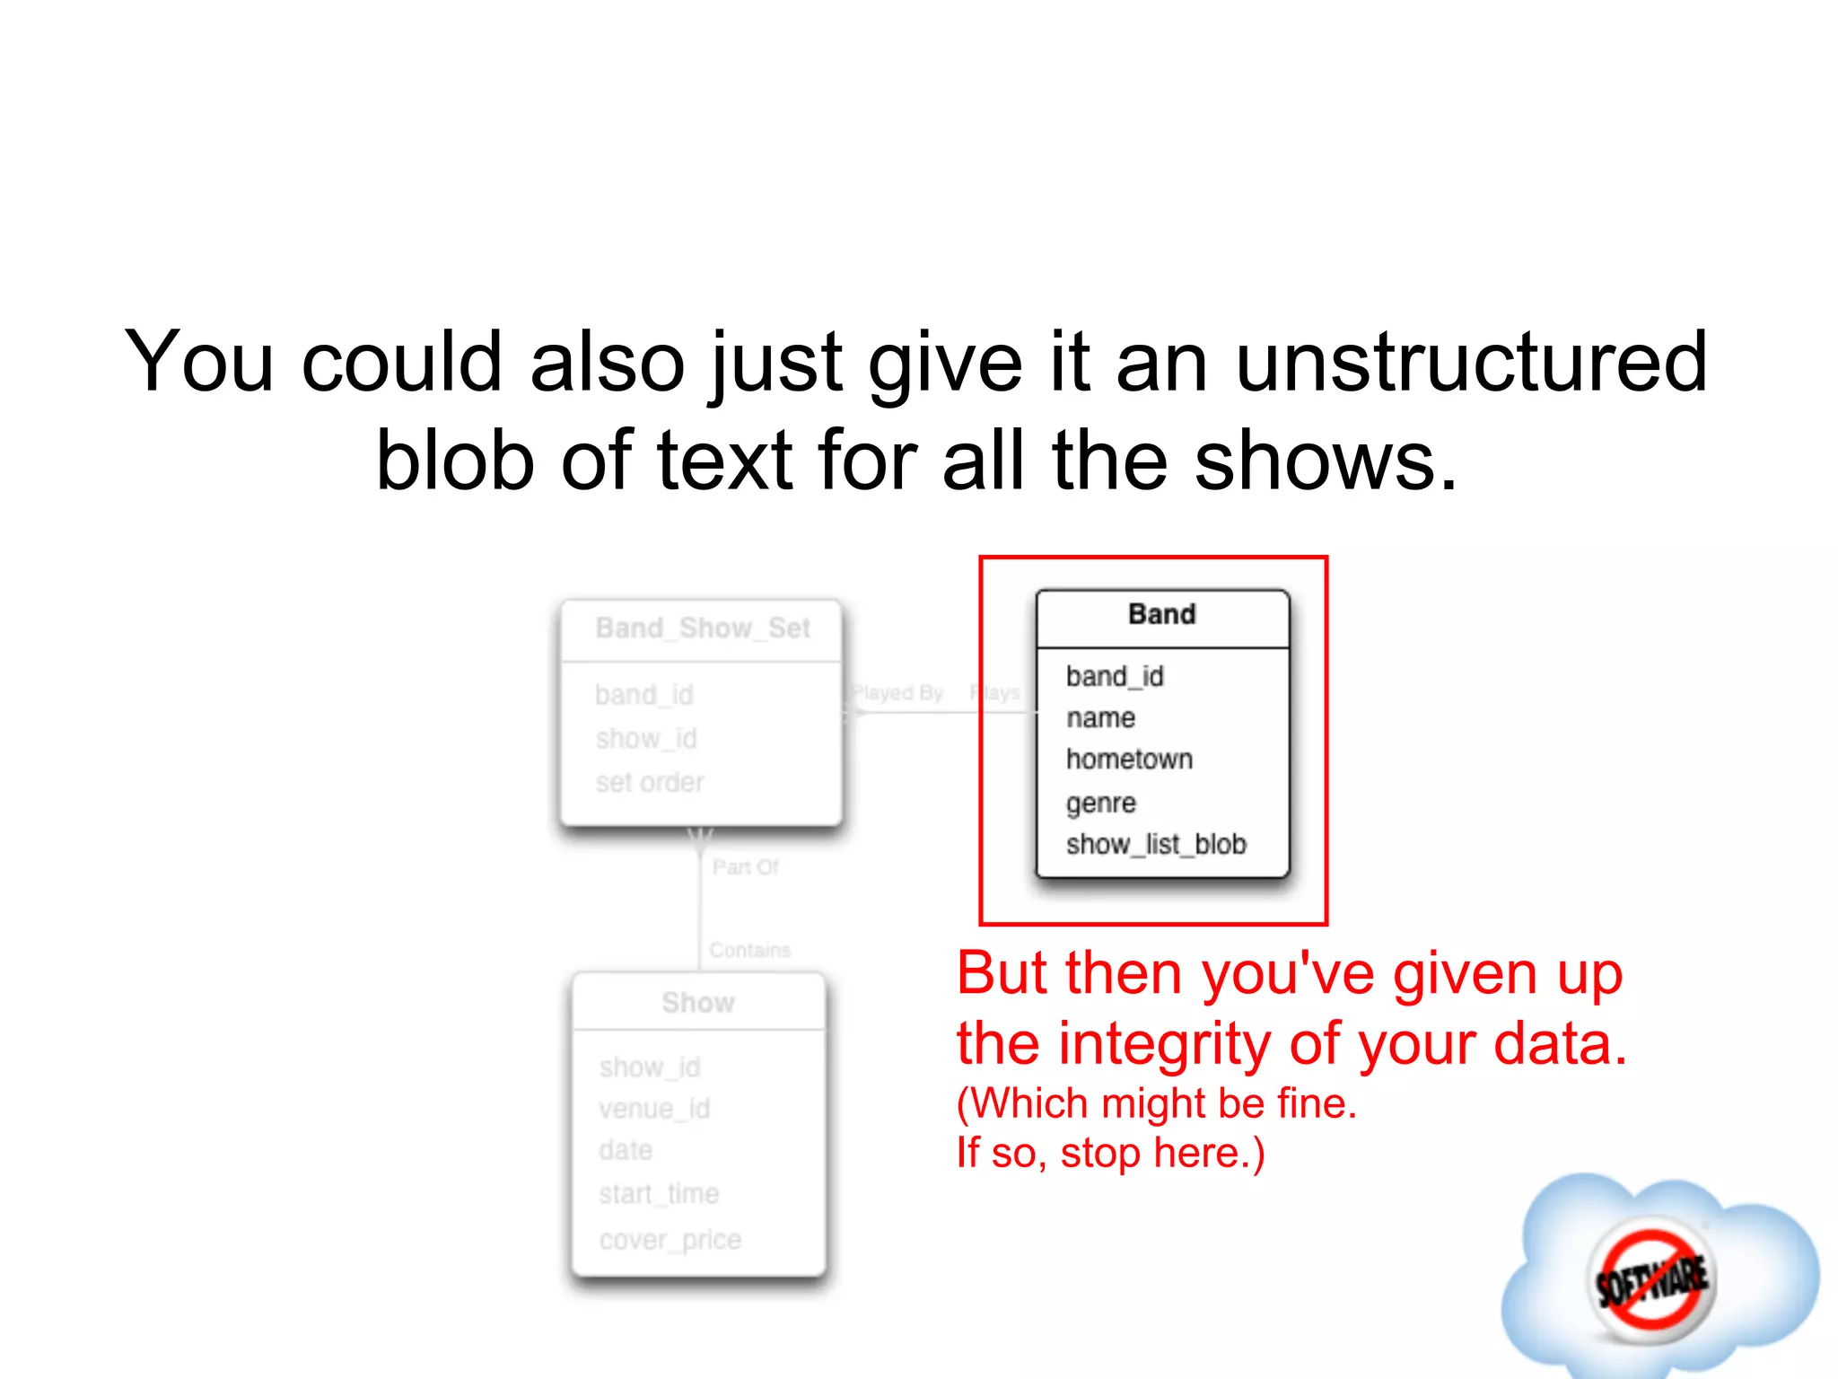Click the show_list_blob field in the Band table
coord(1156,845)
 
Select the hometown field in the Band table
coord(1129,760)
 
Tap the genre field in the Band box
coord(1101,802)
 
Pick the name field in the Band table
coord(1100,718)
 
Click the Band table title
coord(1161,614)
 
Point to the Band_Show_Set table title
coord(703,628)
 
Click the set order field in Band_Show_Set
coord(650,782)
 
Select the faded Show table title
coord(698,1003)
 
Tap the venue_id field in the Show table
coord(654,1109)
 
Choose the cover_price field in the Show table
coord(670,1240)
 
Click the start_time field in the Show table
coord(659,1194)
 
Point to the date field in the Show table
coord(626,1150)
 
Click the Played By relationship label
coord(897,693)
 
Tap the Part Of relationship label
coord(745,867)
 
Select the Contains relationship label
coord(749,950)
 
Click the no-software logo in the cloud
coord(1651,1278)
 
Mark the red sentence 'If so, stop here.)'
coord(1110,1153)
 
